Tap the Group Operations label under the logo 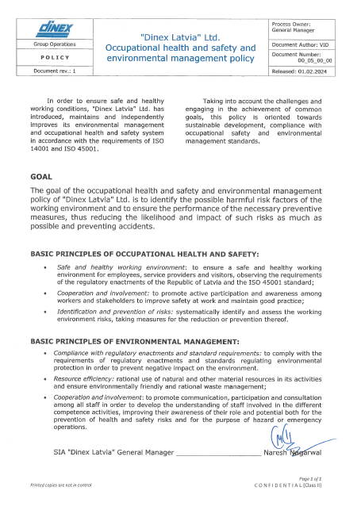(54, 45)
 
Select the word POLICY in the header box (54, 58)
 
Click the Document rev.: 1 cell (54, 71)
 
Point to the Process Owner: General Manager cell (304, 29)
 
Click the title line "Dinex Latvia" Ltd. (180, 37)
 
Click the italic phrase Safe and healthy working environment (110, 268)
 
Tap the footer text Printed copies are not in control (61, 485)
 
